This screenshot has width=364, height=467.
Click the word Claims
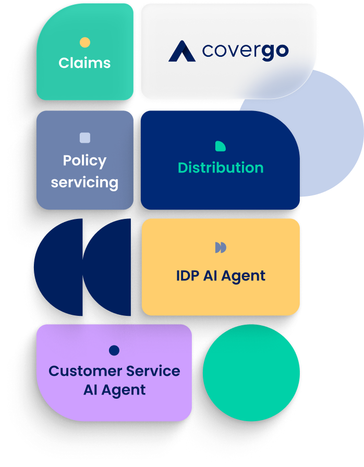coord(84,63)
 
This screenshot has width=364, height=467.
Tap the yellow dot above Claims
coord(85,43)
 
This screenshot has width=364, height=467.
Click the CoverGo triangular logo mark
coord(181,51)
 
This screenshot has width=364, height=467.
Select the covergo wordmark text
coord(245,51)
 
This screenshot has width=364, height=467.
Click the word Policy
coord(84,161)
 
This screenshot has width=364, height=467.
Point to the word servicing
coord(84,183)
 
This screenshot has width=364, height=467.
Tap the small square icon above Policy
coord(85,138)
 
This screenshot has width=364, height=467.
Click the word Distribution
coord(221,168)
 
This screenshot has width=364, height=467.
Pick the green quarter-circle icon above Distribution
coord(220,146)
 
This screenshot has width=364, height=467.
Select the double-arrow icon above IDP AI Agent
coord(221,248)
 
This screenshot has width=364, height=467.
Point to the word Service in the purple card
coord(151,371)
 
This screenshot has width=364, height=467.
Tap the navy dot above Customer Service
coord(114,350)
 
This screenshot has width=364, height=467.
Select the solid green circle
coord(251,373)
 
